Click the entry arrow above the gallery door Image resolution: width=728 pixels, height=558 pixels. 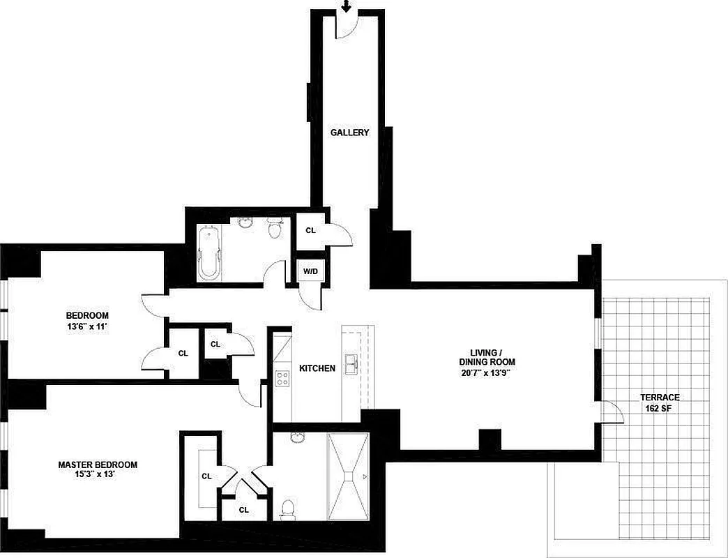tap(346, 6)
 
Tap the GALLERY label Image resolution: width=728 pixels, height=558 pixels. tap(349, 133)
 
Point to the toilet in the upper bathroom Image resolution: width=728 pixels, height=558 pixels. tap(275, 227)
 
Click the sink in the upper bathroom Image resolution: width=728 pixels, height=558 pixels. tap(245, 223)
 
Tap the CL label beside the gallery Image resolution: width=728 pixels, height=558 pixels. tap(310, 229)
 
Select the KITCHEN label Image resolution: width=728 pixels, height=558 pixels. tap(317, 368)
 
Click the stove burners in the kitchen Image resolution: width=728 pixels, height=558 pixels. tap(282, 379)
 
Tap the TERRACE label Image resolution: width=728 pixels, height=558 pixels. tap(660, 398)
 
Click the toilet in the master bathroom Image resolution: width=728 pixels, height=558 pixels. tap(287, 509)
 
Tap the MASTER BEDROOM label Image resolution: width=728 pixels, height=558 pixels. tap(98, 465)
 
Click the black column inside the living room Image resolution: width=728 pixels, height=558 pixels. tap(490, 439)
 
